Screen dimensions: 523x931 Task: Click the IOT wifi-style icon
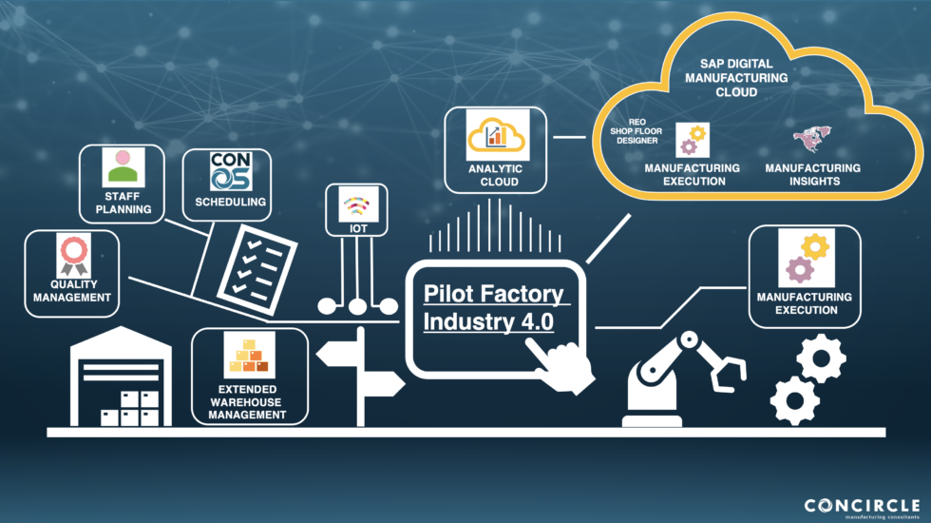pos(358,204)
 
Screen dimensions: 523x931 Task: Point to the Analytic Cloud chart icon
pos(495,135)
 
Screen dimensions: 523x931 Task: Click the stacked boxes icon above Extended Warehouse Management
pos(249,356)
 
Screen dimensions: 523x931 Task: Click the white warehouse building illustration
pos(123,380)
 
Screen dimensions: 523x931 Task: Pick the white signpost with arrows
pos(359,372)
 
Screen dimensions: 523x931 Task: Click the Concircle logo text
pos(862,505)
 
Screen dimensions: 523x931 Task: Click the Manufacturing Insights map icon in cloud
pos(811,141)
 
